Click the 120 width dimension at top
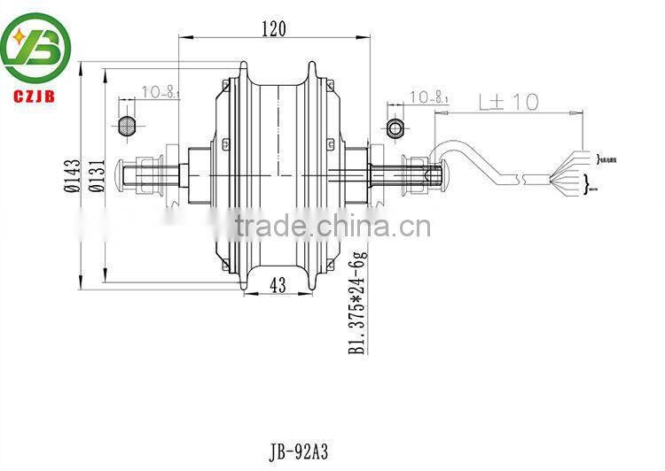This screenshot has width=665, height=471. (272, 28)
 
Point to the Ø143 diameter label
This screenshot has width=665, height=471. (72, 175)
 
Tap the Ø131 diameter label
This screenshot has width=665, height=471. (98, 175)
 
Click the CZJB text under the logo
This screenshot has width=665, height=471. (34, 89)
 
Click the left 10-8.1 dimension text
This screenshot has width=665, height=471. (160, 90)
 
